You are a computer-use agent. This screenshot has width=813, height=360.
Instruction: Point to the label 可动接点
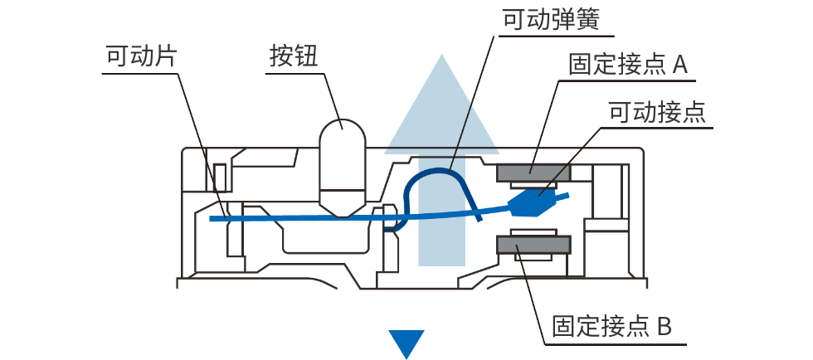coord(656,111)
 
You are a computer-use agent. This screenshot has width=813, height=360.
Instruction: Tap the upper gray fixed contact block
coord(533,172)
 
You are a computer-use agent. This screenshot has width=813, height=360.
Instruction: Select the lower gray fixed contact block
coord(533,245)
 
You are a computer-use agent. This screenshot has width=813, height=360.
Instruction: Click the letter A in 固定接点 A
coord(679,65)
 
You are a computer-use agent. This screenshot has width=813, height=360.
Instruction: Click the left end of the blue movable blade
coord(213,219)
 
